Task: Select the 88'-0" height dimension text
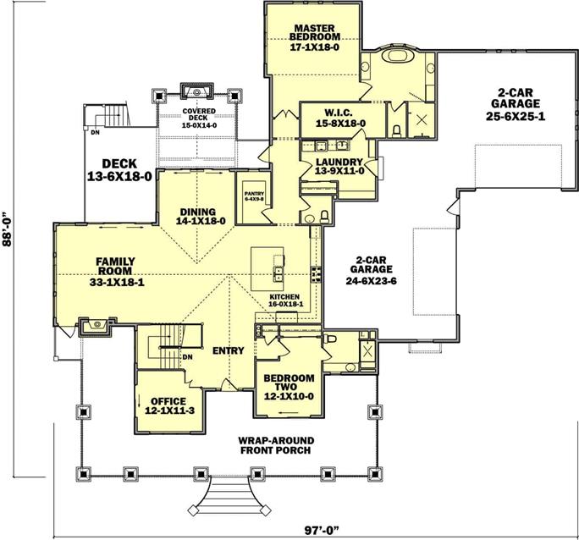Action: [x=7, y=229]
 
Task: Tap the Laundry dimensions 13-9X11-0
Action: [x=339, y=171]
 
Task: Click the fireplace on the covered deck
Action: [x=197, y=91]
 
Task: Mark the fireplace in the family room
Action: [x=96, y=327]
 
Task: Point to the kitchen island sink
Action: [x=278, y=273]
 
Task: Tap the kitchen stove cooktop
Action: [x=316, y=274]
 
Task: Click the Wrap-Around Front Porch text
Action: [x=276, y=445]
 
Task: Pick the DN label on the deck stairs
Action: [x=96, y=133]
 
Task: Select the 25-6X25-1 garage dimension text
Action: [x=516, y=117]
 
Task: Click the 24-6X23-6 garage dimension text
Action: [x=371, y=281]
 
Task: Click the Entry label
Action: [x=229, y=350]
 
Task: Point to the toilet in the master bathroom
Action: [x=397, y=131]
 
